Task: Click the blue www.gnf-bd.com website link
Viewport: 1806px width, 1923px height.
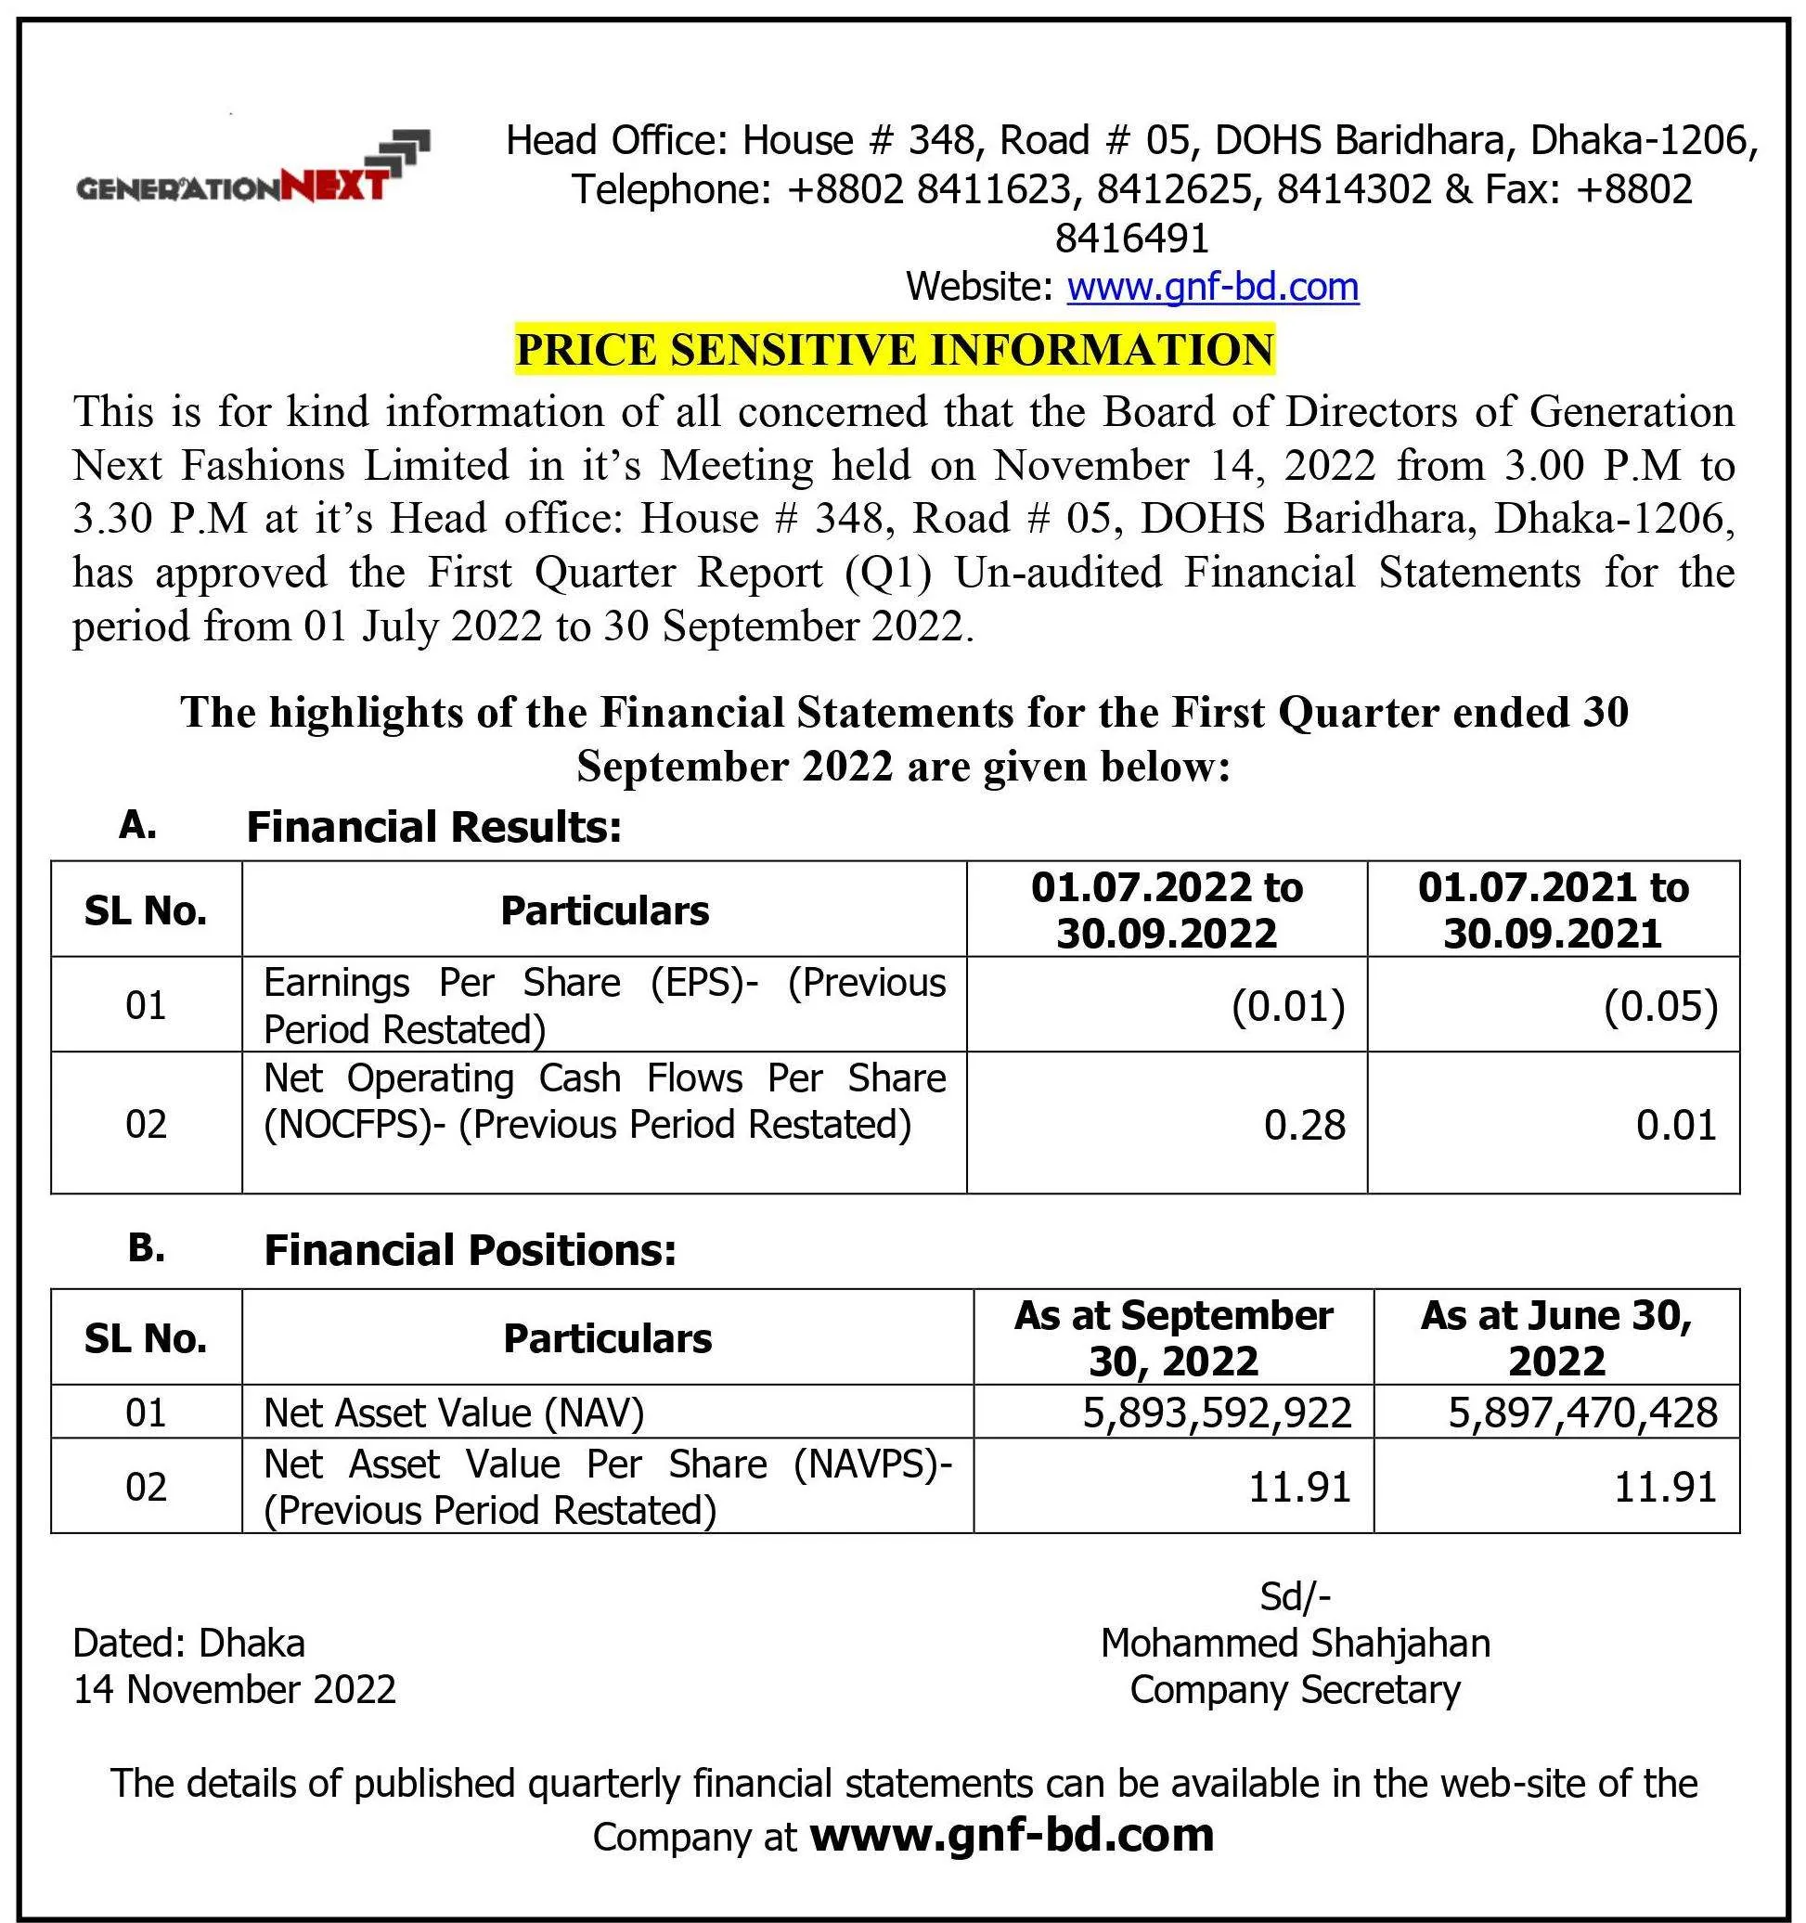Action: [x=1212, y=288]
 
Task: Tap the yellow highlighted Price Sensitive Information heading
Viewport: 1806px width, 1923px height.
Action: [x=894, y=349]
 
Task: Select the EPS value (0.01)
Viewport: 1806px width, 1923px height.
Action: [x=1287, y=1006]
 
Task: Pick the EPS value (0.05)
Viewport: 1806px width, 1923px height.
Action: [x=1660, y=1006]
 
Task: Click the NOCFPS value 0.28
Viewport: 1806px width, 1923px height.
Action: [x=1304, y=1125]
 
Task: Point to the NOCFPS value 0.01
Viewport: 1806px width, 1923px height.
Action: [x=1675, y=1125]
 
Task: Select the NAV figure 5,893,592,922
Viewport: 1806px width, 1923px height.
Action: [x=1216, y=1413]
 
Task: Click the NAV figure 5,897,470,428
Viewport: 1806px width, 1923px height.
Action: [x=1582, y=1413]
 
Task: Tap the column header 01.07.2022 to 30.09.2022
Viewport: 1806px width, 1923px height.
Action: [x=1167, y=910]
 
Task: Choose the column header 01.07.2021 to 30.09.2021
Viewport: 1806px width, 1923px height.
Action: [x=1553, y=910]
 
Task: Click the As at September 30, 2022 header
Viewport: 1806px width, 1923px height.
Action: [x=1173, y=1337]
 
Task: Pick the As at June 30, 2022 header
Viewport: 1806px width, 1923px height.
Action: [x=1556, y=1337]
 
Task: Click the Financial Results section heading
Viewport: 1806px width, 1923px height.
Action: [x=433, y=828]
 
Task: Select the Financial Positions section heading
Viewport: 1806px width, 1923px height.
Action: [x=471, y=1251]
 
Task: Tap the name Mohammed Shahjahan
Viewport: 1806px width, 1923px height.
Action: [x=1296, y=1644]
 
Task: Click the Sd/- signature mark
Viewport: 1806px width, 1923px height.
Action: [x=1296, y=1597]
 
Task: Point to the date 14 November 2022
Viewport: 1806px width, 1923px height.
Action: [x=235, y=1690]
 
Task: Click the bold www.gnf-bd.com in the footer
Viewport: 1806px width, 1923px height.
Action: [x=1011, y=1835]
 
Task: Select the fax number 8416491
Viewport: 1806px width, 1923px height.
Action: [x=1132, y=238]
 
